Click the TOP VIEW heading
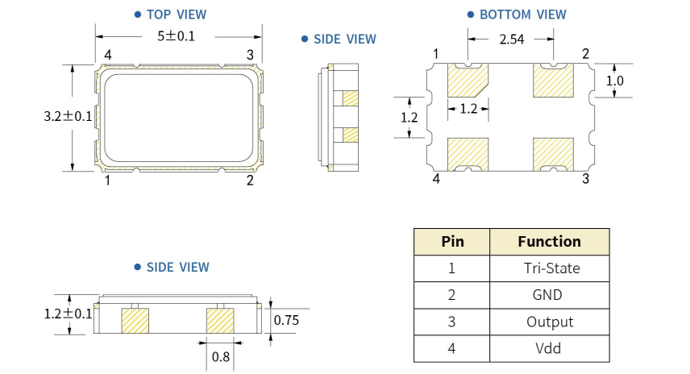tap(176, 15)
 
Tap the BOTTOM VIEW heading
tap(522, 15)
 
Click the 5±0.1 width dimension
tap(176, 36)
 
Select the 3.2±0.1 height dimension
tap(68, 116)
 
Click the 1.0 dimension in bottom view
tap(615, 81)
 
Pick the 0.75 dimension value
tap(286, 321)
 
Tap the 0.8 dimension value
tap(219, 355)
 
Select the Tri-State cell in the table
tap(549, 268)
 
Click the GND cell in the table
tap(549, 295)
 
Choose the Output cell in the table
tap(549, 322)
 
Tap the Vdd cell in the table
tap(549, 348)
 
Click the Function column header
tap(549, 241)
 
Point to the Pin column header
tap(452, 241)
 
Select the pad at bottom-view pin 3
tap(553, 152)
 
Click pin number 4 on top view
tap(107, 55)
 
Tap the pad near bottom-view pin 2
tap(553, 81)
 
